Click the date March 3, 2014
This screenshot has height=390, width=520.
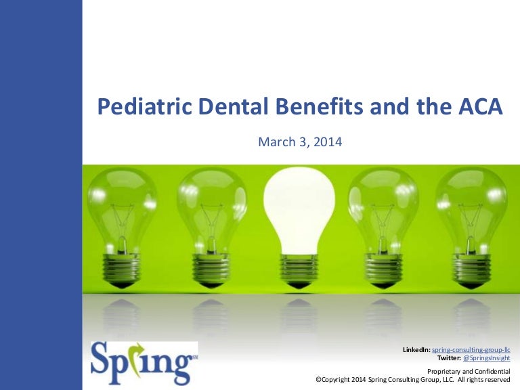(x=301, y=142)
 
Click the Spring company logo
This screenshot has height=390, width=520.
(x=144, y=362)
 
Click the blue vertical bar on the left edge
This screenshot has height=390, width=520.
(x=41, y=195)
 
